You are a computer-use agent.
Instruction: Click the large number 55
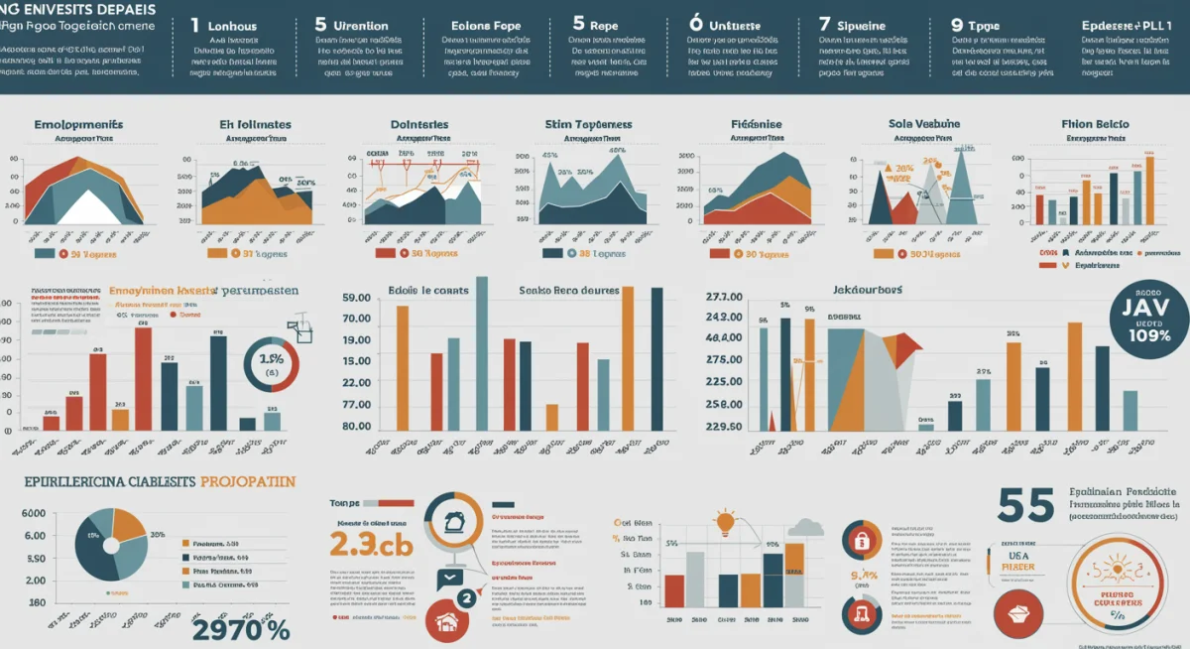1025,505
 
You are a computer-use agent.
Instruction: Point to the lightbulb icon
725,521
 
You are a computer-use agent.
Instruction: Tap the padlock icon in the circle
860,541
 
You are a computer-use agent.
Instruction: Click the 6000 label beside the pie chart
34,513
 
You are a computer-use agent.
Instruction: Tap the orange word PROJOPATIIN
247,481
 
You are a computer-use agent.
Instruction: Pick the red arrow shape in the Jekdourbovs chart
904,346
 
